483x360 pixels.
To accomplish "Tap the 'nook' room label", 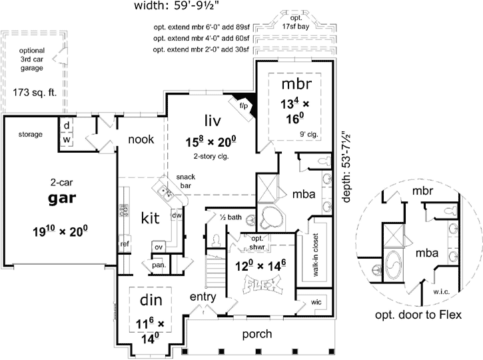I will click(x=141, y=139).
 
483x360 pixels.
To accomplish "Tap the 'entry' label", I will click(x=202, y=296).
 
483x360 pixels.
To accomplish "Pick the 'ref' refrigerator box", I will click(x=125, y=244).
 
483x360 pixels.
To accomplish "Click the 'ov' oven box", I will click(x=158, y=247).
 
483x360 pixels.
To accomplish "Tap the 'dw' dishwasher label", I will click(x=177, y=215).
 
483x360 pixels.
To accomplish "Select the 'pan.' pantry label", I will click(x=159, y=265).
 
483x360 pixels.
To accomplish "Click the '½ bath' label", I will click(x=231, y=217).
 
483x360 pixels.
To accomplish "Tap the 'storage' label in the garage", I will click(x=31, y=135).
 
